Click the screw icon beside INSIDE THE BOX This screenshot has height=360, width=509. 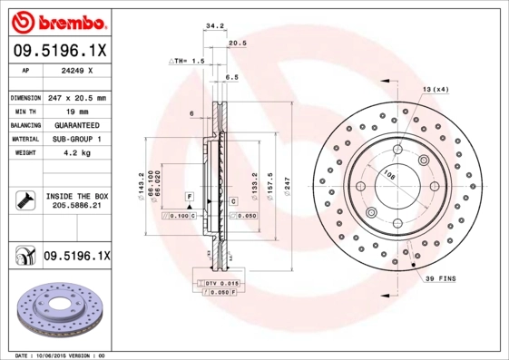24,200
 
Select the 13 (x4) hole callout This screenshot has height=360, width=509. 435,89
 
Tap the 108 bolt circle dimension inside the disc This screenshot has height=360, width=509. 388,174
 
